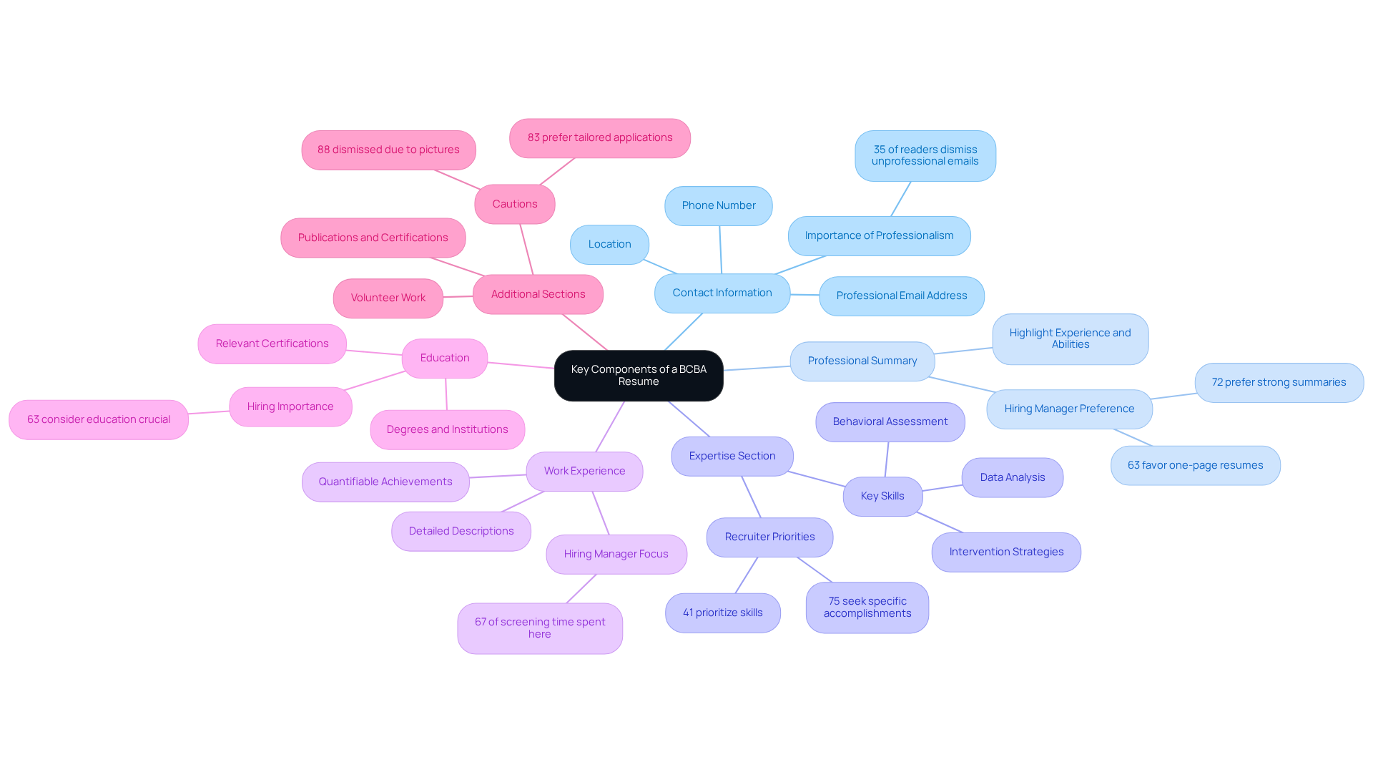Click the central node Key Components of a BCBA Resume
[x=638, y=375]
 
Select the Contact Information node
[x=722, y=293]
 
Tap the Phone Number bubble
[x=718, y=205]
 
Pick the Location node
[x=609, y=244]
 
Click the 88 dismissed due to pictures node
[x=388, y=150]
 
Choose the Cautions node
[x=514, y=204]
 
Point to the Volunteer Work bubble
[x=388, y=298]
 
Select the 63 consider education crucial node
[x=99, y=419]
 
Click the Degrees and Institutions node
[x=447, y=429]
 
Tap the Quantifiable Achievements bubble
[x=385, y=482]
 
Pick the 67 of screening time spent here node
[x=539, y=628]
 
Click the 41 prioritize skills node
[x=722, y=613]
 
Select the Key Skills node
[x=882, y=496]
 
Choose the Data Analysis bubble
[x=1012, y=477]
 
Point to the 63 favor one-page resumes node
[x=1195, y=465]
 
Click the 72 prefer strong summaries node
[x=1279, y=382]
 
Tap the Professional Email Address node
[x=901, y=296]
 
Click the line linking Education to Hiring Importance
[x=375, y=381]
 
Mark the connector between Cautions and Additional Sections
[x=526, y=249]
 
